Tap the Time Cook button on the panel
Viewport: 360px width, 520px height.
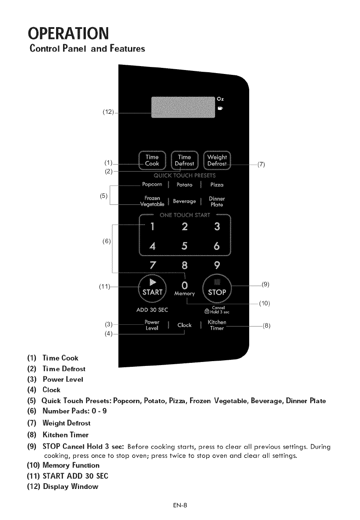(x=152, y=160)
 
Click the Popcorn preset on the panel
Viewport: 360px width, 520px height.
(x=152, y=184)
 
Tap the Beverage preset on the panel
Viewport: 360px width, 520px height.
(x=184, y=201)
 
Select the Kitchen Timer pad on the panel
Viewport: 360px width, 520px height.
(x=216, y=325)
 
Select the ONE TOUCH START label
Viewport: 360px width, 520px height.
(x=185, y=215)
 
